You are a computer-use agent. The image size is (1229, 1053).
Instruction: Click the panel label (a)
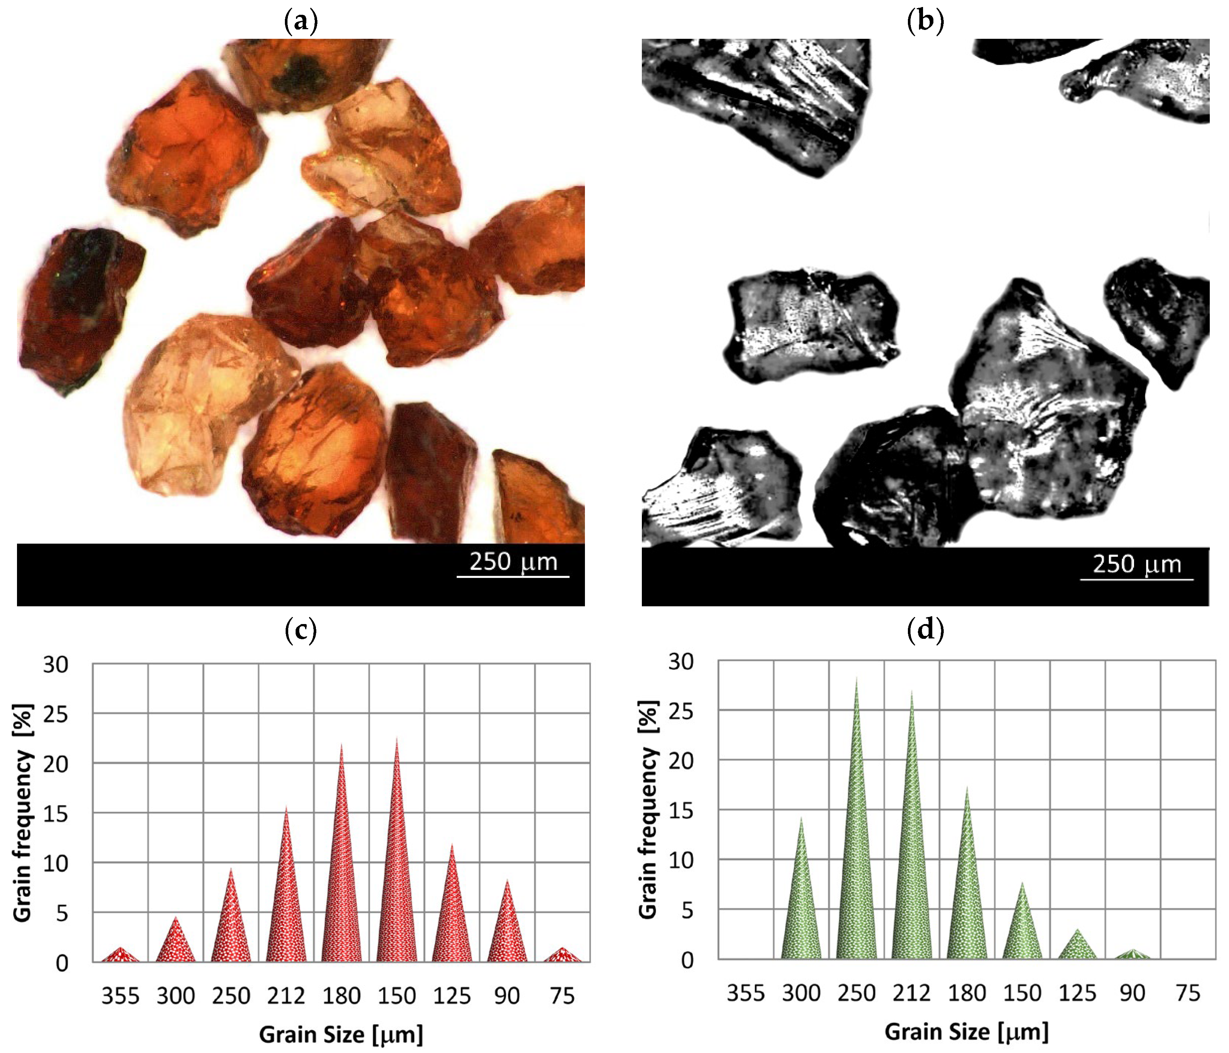click(x=301, y=22)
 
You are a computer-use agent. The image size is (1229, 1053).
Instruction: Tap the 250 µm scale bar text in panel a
click(x=513, y=561)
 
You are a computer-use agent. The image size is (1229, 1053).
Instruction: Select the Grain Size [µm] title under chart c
click(x=341, y=1035)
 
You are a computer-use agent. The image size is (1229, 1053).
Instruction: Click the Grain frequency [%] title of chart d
click(x=648, y=810)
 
